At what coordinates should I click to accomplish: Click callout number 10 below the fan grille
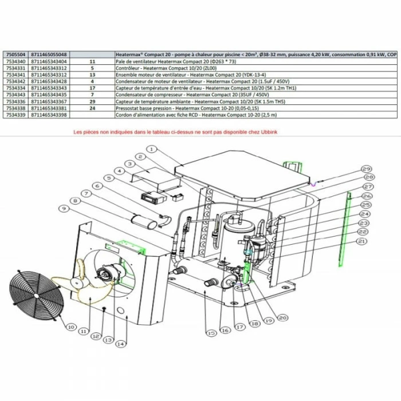pos(70,327)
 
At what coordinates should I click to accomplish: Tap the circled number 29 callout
pos(367,169)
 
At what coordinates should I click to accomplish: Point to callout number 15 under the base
pos(211,332)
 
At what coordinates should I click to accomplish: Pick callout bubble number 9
pos(62,211)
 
